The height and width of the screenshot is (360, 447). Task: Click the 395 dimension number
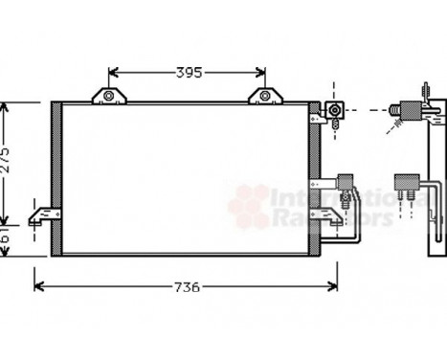(x=188, y=73)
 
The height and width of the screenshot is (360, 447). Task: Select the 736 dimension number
(x=187, y=286)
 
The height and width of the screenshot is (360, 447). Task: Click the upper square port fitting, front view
(x=336, y=111)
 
